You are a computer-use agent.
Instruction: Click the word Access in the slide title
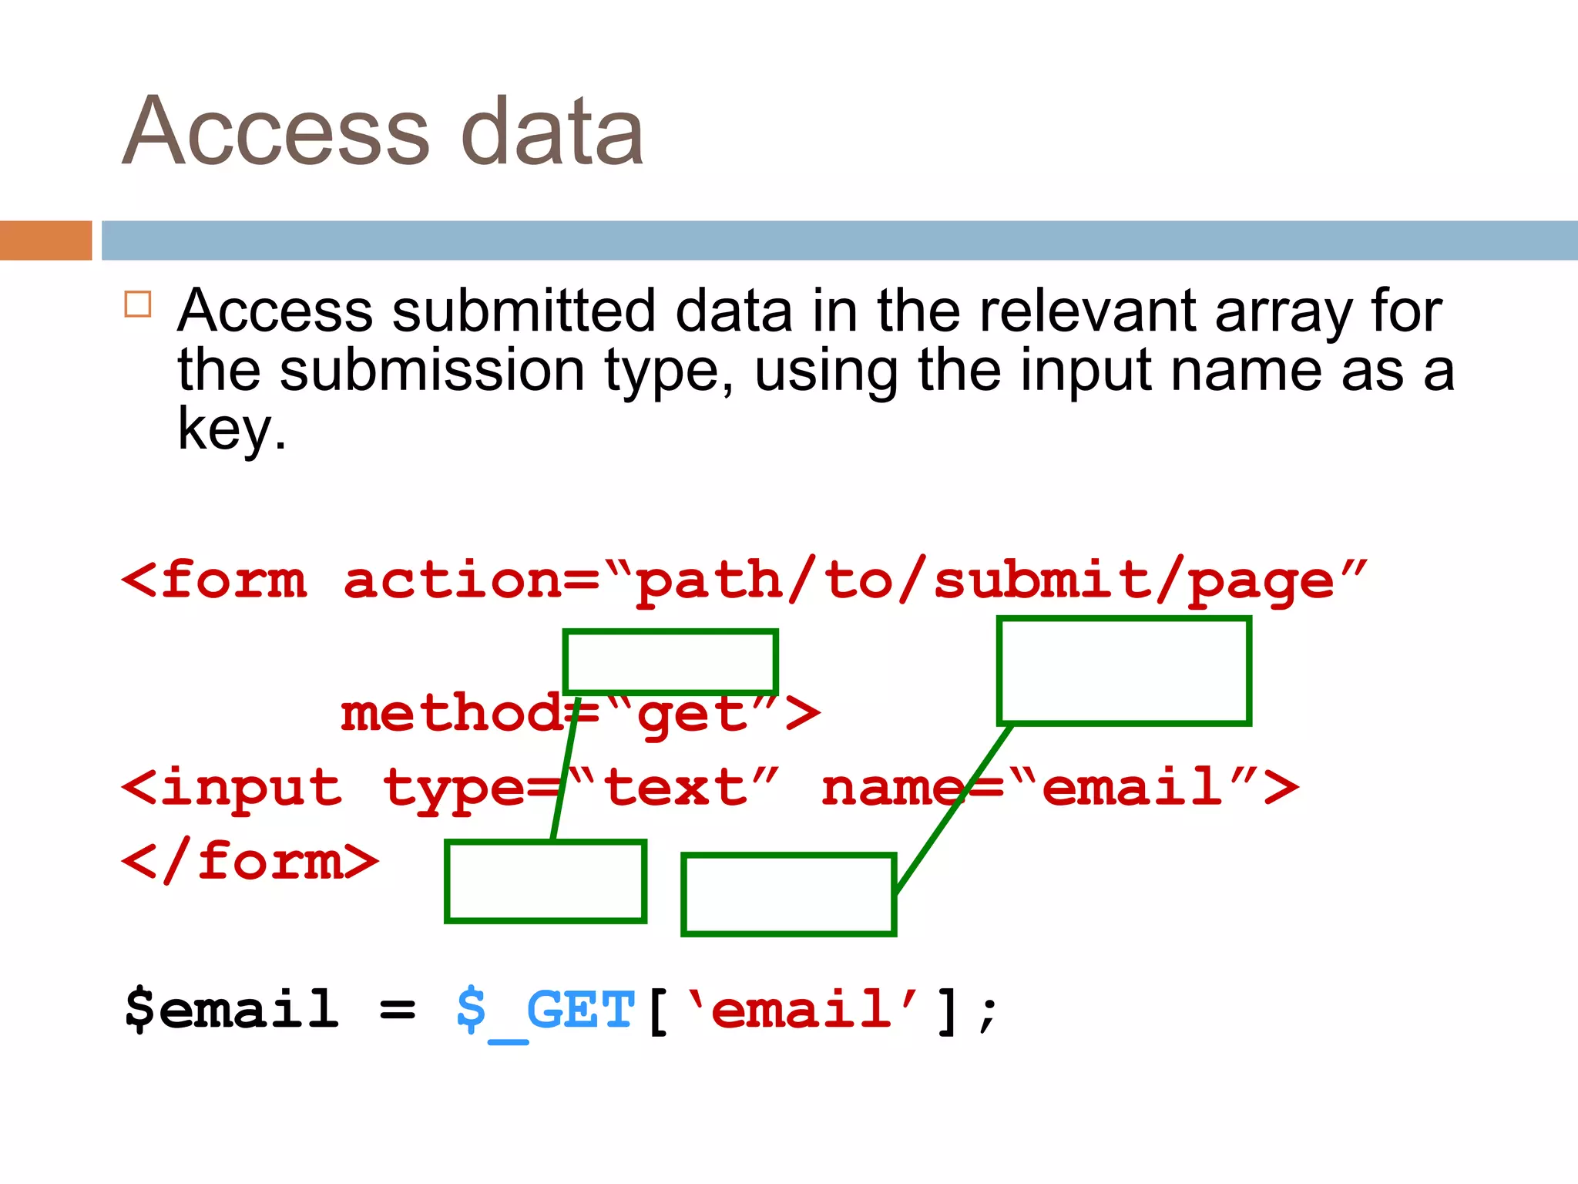tap(275, 131)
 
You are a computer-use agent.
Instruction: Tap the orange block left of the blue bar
tap(45, 240)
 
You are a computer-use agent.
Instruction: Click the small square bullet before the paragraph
tap(138, 304)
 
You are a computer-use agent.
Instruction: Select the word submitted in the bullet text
tap(523, 311)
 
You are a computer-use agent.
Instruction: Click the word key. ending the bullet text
tap(231, 430)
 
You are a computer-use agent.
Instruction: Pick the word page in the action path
tap(1261, 582)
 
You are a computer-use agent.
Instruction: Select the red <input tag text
tap(232, 789)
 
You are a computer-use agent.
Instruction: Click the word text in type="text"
tap(676, 789)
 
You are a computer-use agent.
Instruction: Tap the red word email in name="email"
tap(1132, 789)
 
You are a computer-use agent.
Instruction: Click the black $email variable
tap(231, 1009)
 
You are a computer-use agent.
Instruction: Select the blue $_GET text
tap(546, 1011)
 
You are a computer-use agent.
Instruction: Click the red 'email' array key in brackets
tap(801, 1009)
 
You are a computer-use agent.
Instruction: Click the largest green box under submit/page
tap(1123, 671)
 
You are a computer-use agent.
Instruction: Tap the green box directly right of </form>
tap(546, 881)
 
